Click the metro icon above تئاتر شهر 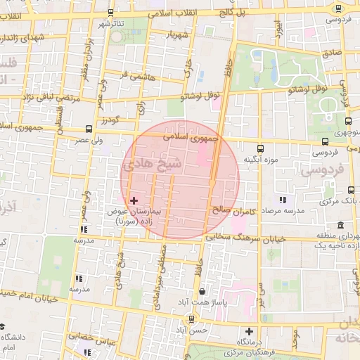pyautogui.click(x=111, y=13)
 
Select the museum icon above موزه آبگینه pyautogui.click(x=261, y=148)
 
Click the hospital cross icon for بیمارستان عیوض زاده pyautogui.click(x=134, y=201)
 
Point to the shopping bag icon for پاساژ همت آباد pyautogui.click(x=203, y=291)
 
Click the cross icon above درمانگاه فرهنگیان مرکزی pyautogui.click(x=249, y=331)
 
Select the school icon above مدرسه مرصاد pyautogui.click(x=283, y=200)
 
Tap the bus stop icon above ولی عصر pyautogui.click(x=89, y=129)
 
